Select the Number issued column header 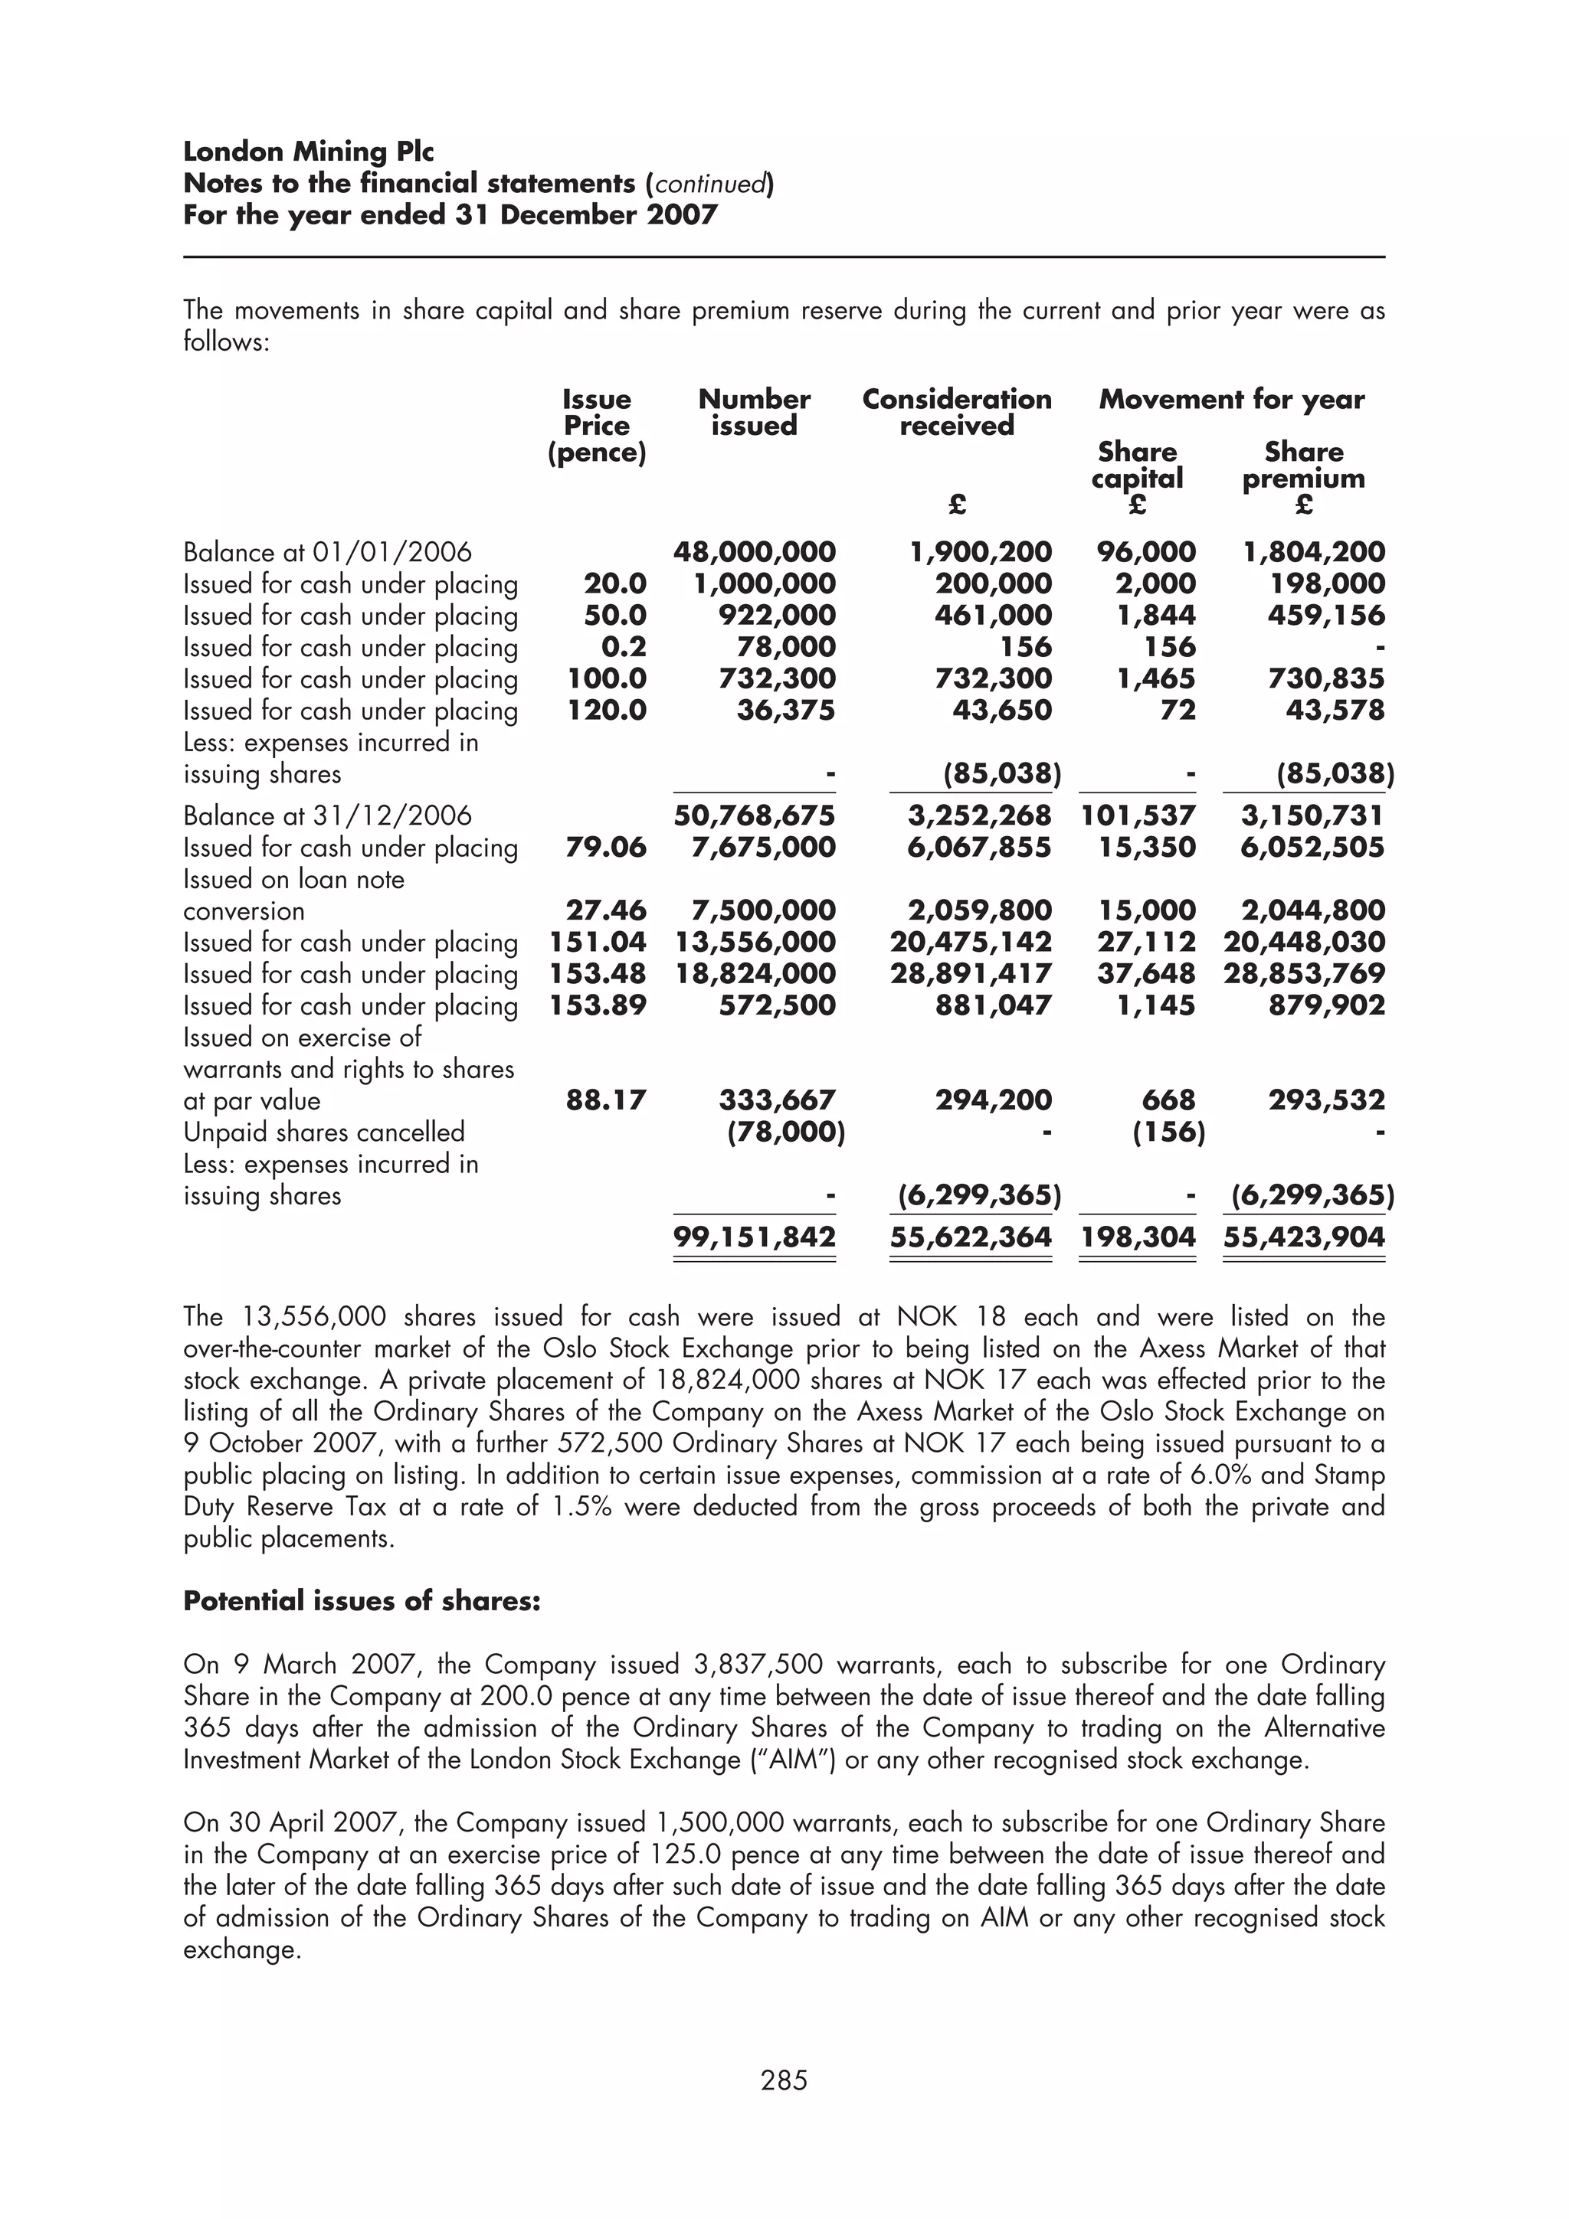(754, 413)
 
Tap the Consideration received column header (956, 413)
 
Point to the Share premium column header (1303, 465)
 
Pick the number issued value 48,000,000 (754, 552)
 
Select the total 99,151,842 (754, 1237)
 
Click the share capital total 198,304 (1138, 1237)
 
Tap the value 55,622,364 (971, 1237)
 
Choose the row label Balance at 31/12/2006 (328, 815)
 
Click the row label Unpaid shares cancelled (324, 1132)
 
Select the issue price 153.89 (598, 1005)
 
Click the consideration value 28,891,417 (971, 973)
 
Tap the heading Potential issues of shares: (362, 1601)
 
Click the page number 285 (784, 2080)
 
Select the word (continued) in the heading (709, 184)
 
